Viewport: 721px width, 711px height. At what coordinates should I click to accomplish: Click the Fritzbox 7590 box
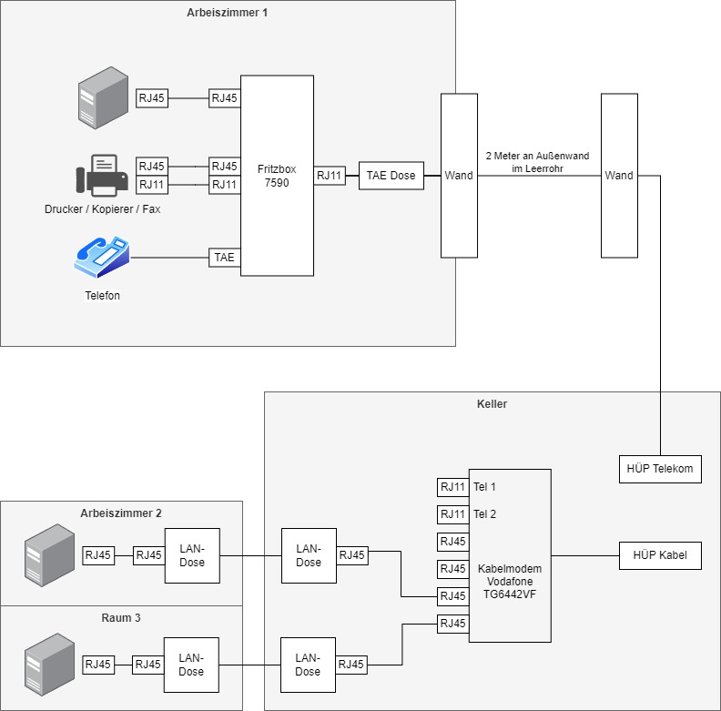pyautogui.click(x=277, y=175)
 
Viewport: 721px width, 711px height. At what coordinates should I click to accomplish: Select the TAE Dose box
pyautogui.click(x=391, y=176)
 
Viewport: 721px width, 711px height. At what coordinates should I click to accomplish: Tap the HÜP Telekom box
pyautogui.click(x=660, y=469)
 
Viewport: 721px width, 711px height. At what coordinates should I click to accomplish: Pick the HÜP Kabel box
pyautogui.click(x=660, y=555)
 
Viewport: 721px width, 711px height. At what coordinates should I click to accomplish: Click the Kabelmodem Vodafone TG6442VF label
pyautogui.click(x=509, y=582)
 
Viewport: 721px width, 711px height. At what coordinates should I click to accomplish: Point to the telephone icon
pyautogui.click(x=102, y=258)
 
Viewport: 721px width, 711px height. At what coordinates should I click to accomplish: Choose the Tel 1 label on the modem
pyautogui.click(x=484, y=487)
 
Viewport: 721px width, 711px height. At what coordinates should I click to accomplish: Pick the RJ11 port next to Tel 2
pyautogui.click(x=452, y=514)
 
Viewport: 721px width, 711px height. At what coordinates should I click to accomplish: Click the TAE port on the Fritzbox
pyautogui.click(x=224, y=258)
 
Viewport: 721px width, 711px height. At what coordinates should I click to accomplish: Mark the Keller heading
pyautogui.click(x=492, y=402)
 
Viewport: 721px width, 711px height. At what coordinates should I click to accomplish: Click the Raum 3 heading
pyautogui.click(x=121, y=617)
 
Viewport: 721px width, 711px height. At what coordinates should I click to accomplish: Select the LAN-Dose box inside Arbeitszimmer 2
pyautogui.click(x=191, y=555)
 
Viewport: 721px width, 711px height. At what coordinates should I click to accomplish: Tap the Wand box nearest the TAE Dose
pyautogui.click(x=459, y=175)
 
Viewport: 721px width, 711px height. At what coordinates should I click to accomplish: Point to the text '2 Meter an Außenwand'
pyautogui.click(x=537, y=156)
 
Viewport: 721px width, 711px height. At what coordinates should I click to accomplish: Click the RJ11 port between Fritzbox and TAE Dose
pyautogui.click(x=330, y=176)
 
